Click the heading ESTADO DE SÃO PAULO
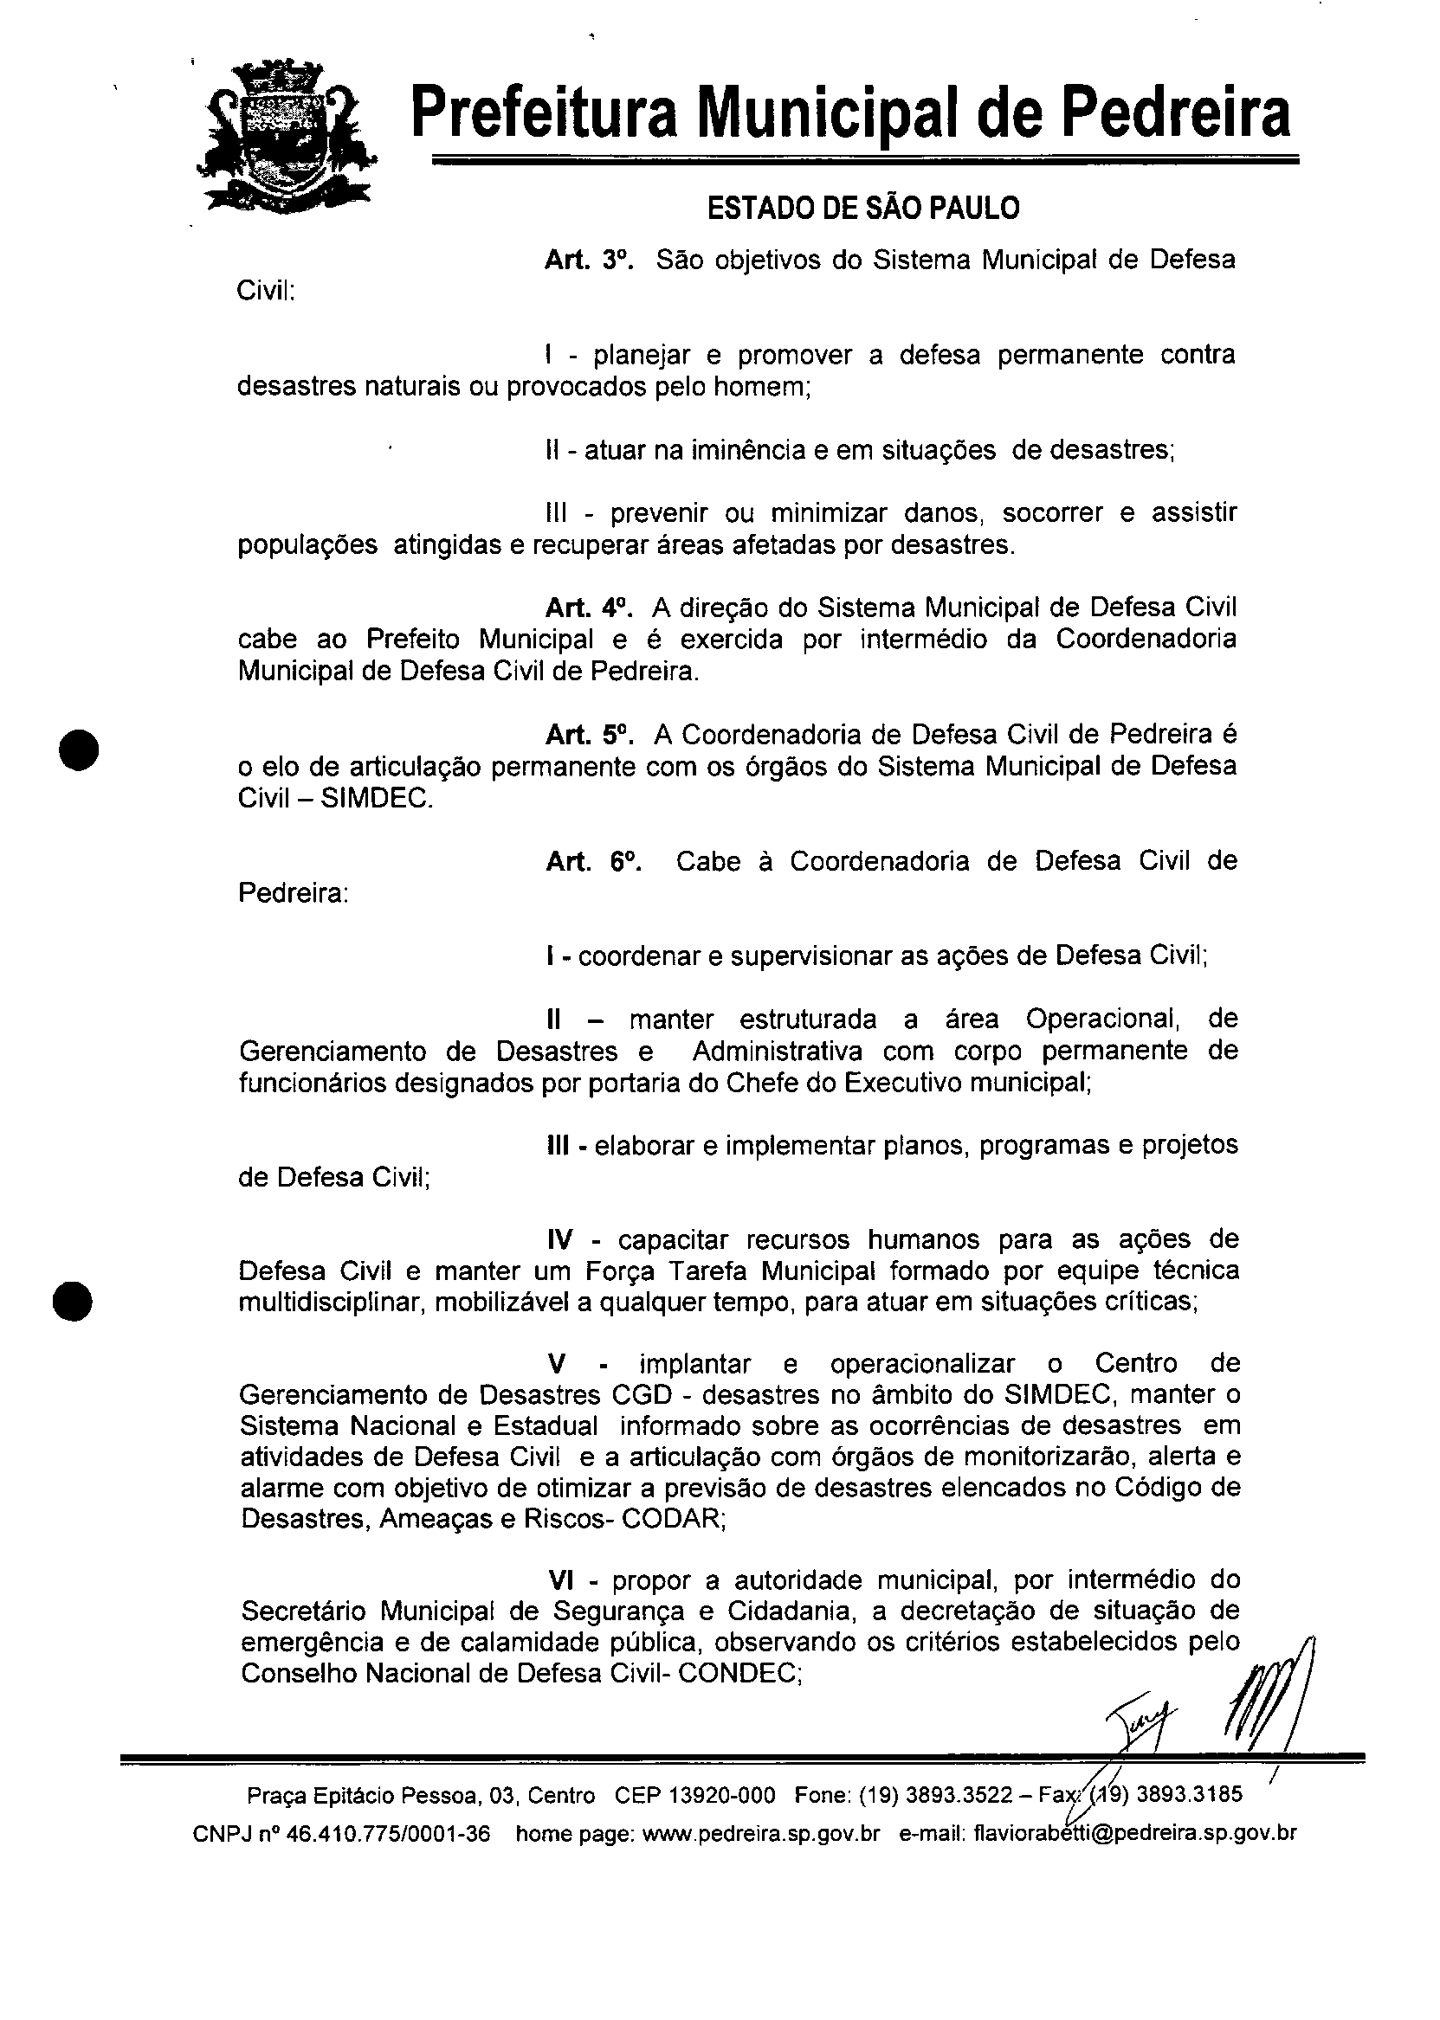(x=862, y=209)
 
